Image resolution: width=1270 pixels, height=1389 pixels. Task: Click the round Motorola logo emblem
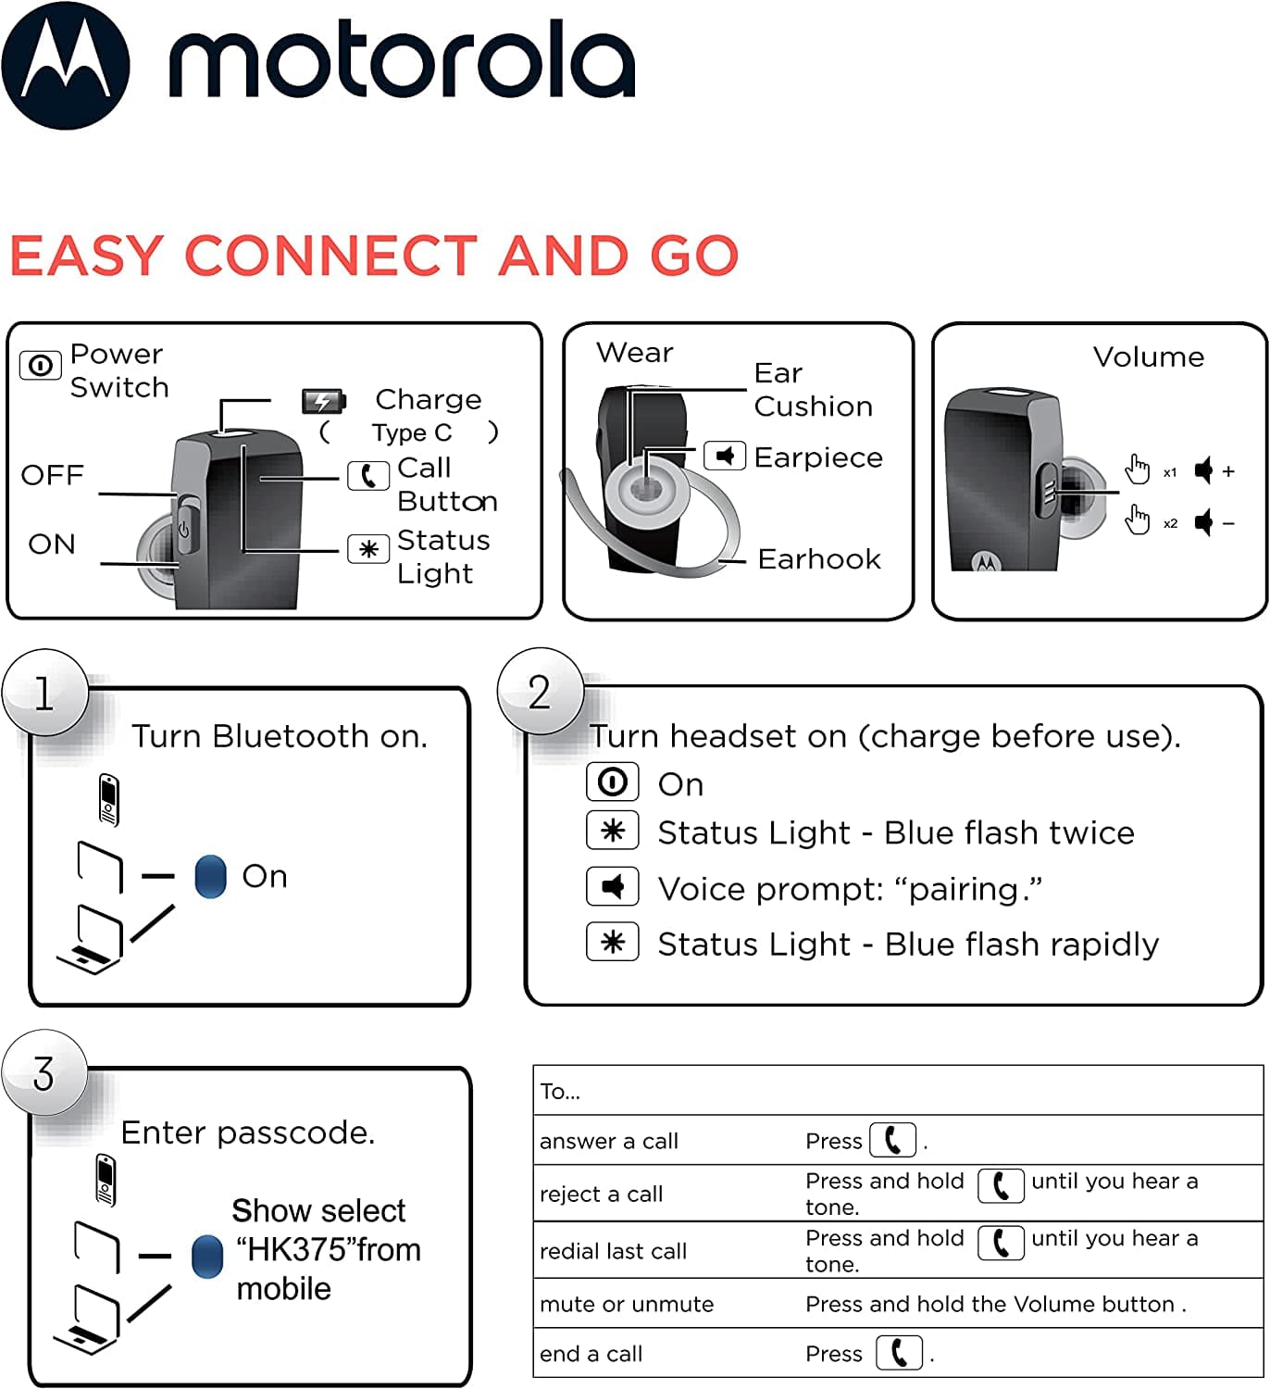(x=66, y=65)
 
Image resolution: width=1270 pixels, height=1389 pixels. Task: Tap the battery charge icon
(x=324, y=401)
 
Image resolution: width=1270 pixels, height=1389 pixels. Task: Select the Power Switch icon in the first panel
(x=41, y=365)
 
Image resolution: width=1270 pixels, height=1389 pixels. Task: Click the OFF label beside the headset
(x=52, y=475)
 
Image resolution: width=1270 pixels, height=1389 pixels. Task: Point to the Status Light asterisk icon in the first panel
(x=367, y=549)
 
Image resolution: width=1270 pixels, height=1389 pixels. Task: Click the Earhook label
(x=819, y=559)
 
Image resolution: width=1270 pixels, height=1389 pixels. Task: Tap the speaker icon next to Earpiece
(x=725, y=456)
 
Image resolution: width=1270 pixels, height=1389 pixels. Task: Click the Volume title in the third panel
(x=1149, y=357)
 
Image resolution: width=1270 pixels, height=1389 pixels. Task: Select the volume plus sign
(x=1228, y=471)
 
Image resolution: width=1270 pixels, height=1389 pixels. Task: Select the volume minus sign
(x=1228, y=523)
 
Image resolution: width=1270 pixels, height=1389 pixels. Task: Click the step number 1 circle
(x=44, y=694)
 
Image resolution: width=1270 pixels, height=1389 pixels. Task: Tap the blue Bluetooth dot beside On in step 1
(x=211, y=876)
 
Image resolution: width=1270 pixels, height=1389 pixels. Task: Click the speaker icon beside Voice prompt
(x=612, y=887)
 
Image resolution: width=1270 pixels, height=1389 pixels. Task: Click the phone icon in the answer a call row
(x=893, y=1140)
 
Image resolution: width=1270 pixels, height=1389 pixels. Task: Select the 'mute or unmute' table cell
(x=627, y=1304)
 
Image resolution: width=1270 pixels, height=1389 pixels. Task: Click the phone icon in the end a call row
(x=899, y=1353)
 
